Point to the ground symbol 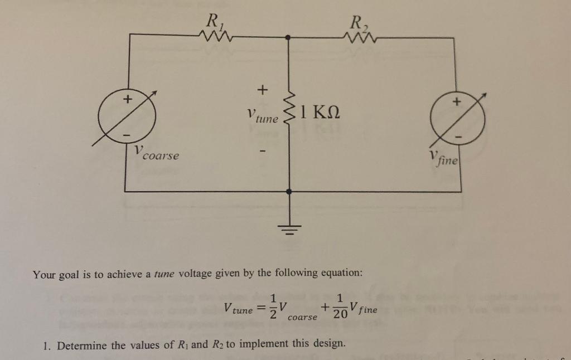tap(288, 228)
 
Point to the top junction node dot tap(288, 37)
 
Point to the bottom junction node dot tap(288, 192)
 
